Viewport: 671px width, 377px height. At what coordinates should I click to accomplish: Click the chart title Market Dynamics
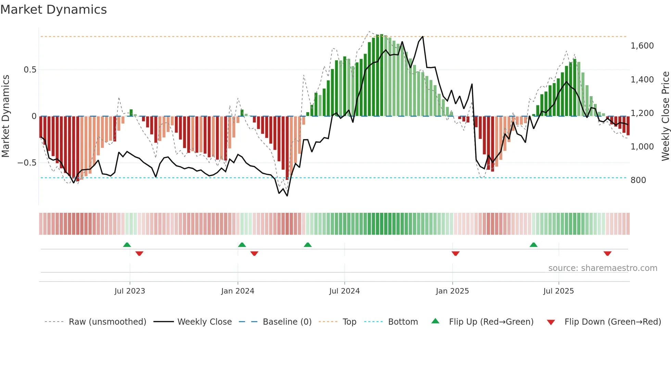(x=53, y=10)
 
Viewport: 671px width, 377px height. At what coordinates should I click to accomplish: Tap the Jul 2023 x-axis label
(x=130, y=291)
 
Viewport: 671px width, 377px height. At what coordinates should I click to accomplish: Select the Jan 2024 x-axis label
(x=238, y=291)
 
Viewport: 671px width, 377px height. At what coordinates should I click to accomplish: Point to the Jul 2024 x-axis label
(x=344, y=291)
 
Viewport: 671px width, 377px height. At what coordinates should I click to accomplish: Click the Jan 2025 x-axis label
(x=452, y=291)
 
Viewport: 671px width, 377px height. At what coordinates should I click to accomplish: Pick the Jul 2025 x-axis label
(x=558, y=291)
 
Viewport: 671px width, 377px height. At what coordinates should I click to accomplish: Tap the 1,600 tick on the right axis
(x=642, y=46)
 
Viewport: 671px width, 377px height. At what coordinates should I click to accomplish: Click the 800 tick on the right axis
(x=638, y=180)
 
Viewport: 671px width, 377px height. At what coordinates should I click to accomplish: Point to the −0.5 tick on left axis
(x=27, y=163)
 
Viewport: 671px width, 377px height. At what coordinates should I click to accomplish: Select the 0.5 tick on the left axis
(x=30, y=70)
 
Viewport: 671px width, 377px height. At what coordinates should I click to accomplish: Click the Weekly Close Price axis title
(x=665, y=116)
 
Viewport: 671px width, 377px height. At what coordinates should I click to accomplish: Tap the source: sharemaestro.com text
(x=603, y=268)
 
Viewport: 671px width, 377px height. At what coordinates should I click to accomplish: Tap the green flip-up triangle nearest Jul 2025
(x=533, y=245)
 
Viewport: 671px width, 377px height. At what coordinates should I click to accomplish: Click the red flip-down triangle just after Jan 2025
(x=455, y=253)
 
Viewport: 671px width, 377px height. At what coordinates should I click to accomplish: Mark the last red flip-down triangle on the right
(x=607, y=253)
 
